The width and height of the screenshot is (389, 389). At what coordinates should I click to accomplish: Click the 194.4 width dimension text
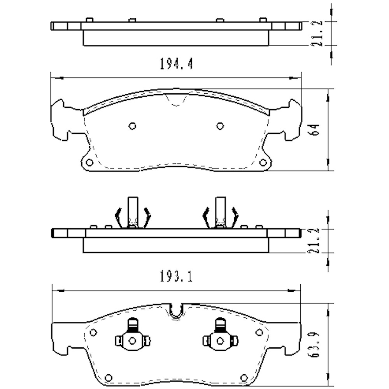176,64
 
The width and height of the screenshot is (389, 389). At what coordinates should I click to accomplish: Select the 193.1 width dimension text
176,277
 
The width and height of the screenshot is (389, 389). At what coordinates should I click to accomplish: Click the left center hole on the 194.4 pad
132,126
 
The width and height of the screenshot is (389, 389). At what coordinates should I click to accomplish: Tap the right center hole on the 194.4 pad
220,126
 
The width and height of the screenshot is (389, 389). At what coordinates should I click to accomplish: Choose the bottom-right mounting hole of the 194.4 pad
263,162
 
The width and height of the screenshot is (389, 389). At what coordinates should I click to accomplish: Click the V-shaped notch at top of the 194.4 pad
176,100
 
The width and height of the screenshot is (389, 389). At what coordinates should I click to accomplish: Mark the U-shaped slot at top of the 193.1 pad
177,312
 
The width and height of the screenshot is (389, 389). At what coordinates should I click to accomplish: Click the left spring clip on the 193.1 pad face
132,336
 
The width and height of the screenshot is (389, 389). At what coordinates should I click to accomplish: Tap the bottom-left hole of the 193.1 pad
109,377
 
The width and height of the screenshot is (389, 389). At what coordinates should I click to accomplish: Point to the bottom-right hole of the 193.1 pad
244,377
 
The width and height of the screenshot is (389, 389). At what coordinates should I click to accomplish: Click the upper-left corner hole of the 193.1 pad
93,332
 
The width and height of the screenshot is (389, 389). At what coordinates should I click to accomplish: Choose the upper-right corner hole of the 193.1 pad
259,332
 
